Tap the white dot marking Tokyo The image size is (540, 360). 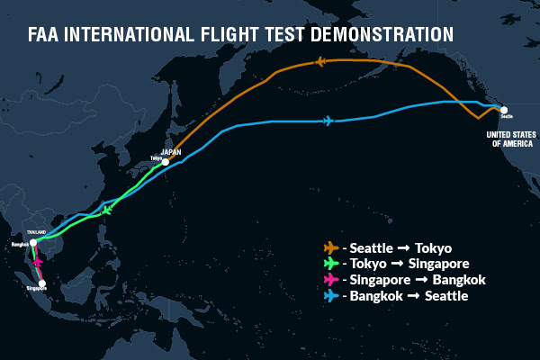pos(165,162)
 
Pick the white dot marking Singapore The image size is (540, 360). pos(42,283)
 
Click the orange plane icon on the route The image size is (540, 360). pos(321,61)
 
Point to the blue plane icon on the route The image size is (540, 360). pos(327,121)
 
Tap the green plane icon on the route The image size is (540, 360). pos(107,210)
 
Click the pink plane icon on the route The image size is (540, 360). pos(38,263)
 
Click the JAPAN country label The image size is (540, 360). pos(171,152)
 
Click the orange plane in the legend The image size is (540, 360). pos(331,247)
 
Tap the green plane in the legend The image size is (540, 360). pos(331,264)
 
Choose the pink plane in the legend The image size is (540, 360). pos(331,280)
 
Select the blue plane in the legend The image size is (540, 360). pos(331,296)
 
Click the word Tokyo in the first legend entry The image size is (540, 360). pos(432,247)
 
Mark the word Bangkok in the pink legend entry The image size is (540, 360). pos(459,280)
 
